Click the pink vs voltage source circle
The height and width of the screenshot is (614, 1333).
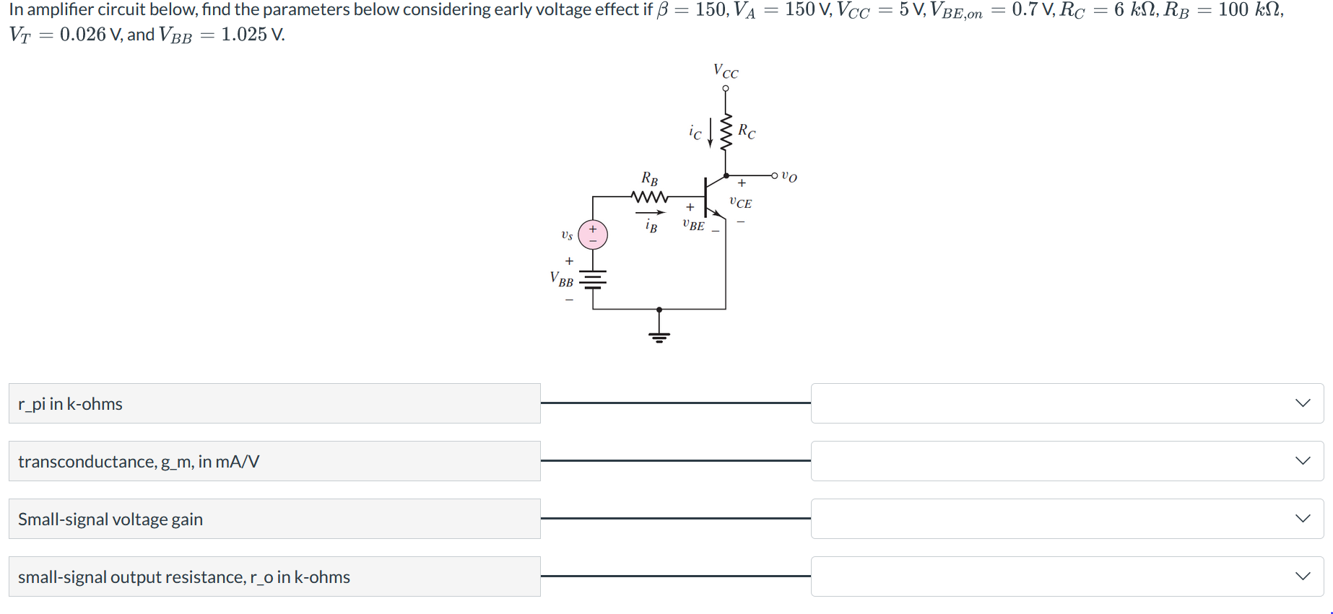tap(593, 235)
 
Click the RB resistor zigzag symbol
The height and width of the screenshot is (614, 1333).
tap(649, 196)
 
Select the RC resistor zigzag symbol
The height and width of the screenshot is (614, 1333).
tap(726, 131)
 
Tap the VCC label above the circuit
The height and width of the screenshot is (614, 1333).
tap(726, 71)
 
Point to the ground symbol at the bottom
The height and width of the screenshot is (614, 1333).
tap(659, 335)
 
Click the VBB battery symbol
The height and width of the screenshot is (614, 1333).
tap(593, 280)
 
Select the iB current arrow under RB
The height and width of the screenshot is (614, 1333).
tap(650, 213)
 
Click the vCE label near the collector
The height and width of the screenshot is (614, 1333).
tap(740, 203)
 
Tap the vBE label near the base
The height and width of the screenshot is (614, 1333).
tap(693, 225)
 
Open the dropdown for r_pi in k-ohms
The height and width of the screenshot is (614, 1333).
tap(1067, 403)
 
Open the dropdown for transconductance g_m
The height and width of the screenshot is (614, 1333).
tap(1067, 461)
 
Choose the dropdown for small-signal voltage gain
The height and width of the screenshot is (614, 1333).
tap(1067, 519)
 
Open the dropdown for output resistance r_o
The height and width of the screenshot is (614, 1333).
tap(1067, 576)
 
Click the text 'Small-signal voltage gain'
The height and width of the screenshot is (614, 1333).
tap(110, 519)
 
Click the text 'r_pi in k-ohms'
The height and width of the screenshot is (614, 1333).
tap(70, 404)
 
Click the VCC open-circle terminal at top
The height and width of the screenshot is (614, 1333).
tap(726, 89)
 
